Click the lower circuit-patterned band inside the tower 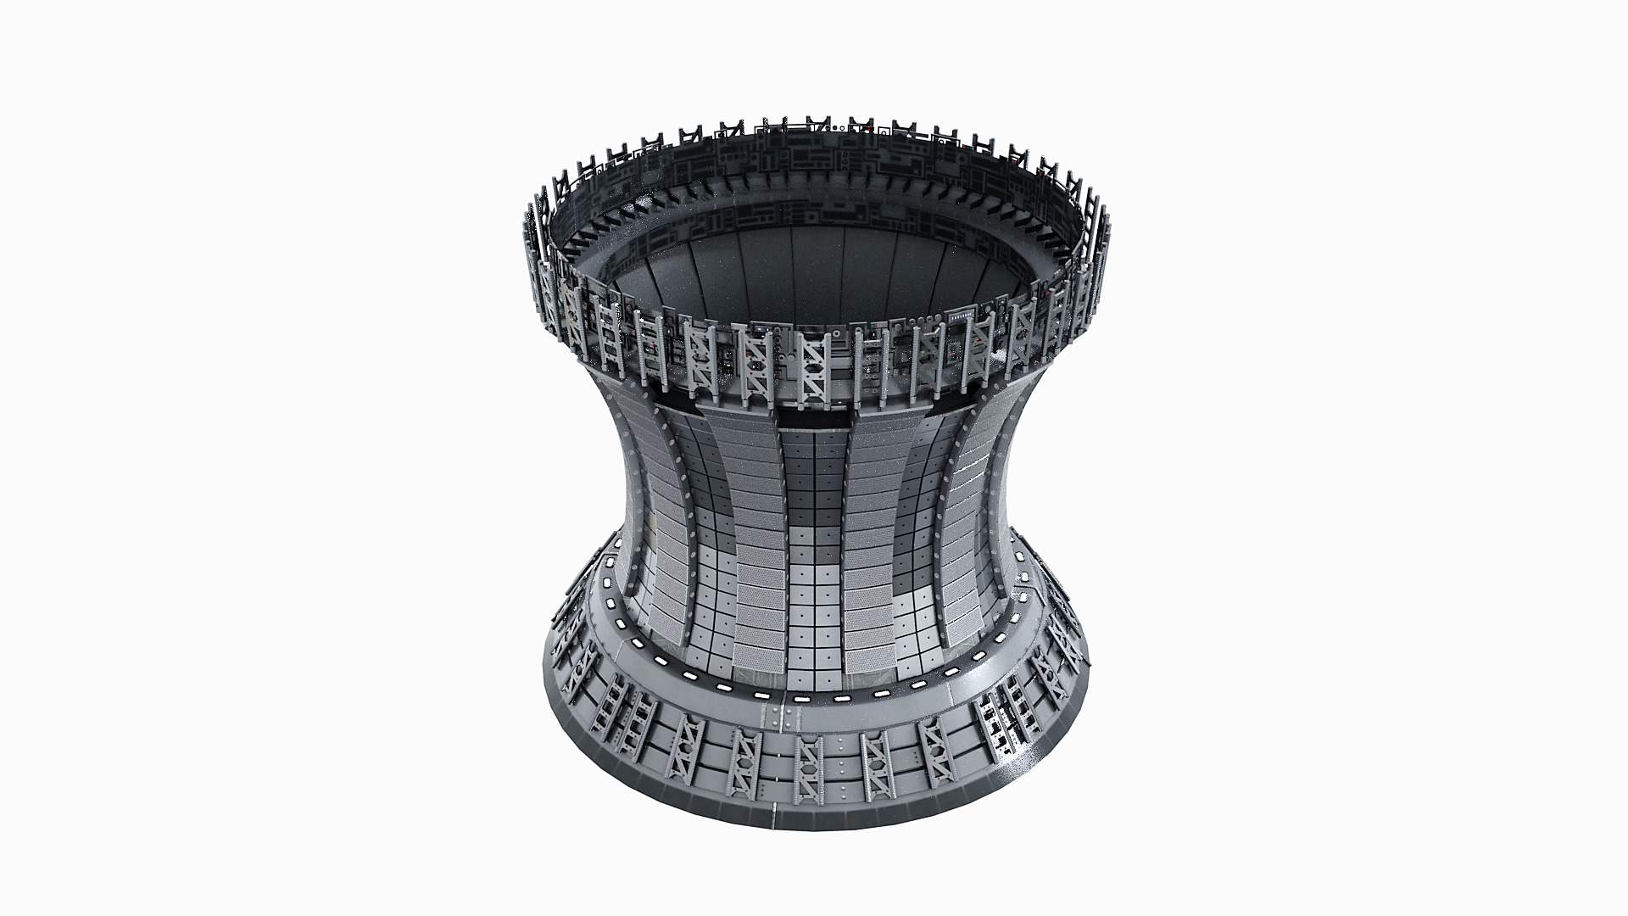pyautogui.click(x=814, y=216)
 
